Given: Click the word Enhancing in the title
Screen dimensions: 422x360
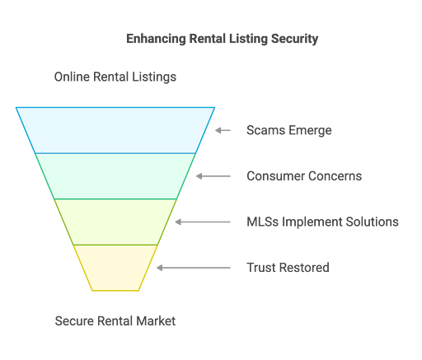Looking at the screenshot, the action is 156,39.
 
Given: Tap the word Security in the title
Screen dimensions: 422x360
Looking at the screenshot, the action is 294,39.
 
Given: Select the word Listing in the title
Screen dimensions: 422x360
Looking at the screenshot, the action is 248,39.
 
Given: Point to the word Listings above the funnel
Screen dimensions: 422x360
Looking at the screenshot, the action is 154,77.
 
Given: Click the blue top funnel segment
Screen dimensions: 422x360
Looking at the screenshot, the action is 115,130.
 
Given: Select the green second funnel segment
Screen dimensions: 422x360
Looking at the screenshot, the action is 115,176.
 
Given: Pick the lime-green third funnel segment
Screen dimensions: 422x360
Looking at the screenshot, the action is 115,222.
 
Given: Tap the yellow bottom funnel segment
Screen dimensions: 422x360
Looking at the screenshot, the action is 115,268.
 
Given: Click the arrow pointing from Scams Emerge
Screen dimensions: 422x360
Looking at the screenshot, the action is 223,130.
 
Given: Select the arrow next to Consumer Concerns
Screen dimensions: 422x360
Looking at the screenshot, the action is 213,176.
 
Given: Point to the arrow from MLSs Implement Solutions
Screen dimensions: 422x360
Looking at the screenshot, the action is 203,222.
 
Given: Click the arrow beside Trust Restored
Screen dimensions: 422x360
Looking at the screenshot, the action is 194,268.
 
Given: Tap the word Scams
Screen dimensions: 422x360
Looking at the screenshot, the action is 265,130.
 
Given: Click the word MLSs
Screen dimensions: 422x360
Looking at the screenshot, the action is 263,222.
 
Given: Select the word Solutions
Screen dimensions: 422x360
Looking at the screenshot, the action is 372,222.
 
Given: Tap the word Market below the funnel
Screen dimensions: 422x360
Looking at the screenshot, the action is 156,320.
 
